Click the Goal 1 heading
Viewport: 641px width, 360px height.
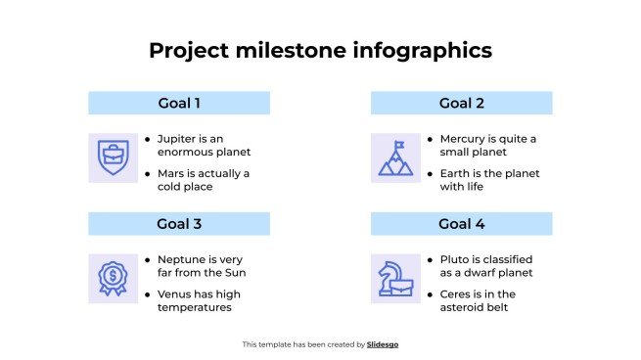(x=179, y=103)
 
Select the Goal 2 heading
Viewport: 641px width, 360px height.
(x=461, y=103)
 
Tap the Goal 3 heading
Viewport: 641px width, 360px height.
(x=179, y=224)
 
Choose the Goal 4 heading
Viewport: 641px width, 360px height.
(x=461, y=224)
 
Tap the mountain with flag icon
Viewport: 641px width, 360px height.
(x=395, y=157)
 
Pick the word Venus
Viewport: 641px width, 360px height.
(x=176, y=294)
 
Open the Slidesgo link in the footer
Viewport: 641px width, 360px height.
(x=383, y=344)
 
